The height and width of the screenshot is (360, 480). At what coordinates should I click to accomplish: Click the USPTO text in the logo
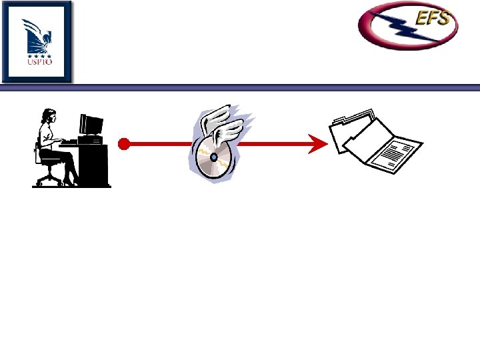tap(37, 62)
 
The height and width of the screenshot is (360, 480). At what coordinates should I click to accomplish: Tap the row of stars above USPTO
tap(37, 55)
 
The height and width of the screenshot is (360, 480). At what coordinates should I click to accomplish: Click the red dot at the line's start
tap(123, 143)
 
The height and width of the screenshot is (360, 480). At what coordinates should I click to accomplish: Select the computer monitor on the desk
tap(91, 125)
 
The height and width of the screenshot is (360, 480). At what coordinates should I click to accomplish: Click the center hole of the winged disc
tap(213, 157)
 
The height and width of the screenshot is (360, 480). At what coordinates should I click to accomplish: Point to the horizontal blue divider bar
tap(267, 87)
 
